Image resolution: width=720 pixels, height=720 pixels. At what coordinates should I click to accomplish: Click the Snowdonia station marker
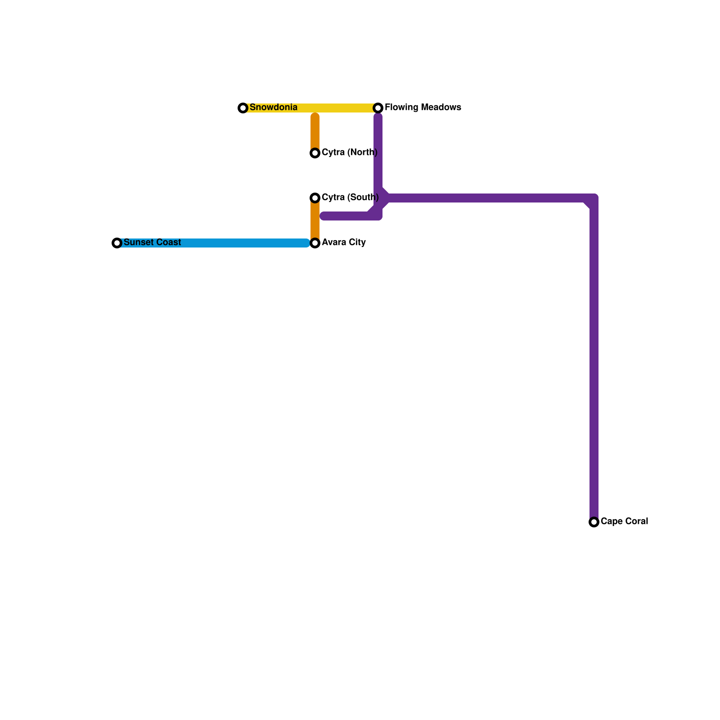tap(243, 108)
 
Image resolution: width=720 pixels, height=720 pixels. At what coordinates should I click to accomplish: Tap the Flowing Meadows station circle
tap(378, 108)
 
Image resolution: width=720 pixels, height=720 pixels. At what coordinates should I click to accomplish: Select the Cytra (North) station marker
tap(315, 153)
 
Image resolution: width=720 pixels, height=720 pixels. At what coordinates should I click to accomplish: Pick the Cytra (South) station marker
tap(315, 198)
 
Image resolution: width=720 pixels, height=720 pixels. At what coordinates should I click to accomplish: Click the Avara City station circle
tap(315, 243)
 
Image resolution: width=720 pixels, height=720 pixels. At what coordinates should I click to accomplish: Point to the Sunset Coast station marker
tap(117, 243)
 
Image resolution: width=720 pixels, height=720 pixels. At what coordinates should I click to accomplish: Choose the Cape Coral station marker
tap(594, 522)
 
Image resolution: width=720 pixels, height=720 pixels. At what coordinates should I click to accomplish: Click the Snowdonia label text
tap(273, 108)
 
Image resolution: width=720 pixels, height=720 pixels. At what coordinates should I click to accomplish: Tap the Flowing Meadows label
tap(423, 108)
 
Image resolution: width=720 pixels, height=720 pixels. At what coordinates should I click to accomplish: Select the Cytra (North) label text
tap(349, 153)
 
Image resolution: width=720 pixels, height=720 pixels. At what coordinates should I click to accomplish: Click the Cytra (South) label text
tap(350, 198)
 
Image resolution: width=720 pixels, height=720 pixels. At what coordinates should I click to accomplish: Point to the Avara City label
tap(343, 243)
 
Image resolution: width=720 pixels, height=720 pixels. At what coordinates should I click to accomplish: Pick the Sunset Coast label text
tap(152, 243)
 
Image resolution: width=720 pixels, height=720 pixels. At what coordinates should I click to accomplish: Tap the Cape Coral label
tap(624, 522)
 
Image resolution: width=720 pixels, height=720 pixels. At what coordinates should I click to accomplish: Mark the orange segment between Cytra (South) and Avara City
tap(315, 220)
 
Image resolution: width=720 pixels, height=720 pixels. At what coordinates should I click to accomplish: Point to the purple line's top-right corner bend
tap(594, 198)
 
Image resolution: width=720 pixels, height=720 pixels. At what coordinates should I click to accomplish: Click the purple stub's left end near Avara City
tap(324, 216)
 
